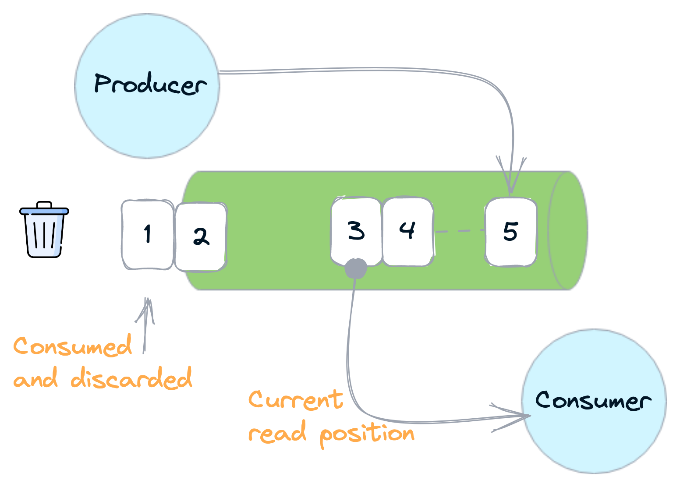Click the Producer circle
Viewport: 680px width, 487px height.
tap(147, 86)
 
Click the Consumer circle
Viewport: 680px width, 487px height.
tap(594, 401)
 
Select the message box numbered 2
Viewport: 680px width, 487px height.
tap(201, 236)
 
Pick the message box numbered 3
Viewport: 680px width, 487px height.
tap(356, 231)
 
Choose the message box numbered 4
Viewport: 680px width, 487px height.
tap(407, 231)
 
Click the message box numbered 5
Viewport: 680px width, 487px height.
tap(511, 232)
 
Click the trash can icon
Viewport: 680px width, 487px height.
tap(44, 233)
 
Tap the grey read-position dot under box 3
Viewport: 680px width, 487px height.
tap(355, 268)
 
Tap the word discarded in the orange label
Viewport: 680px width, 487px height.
tap(131, 378)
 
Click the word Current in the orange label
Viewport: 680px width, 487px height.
tap(296, 399)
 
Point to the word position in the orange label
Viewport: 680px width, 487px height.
tap(367, 434)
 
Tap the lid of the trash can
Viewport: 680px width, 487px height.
tap(44, 212)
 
